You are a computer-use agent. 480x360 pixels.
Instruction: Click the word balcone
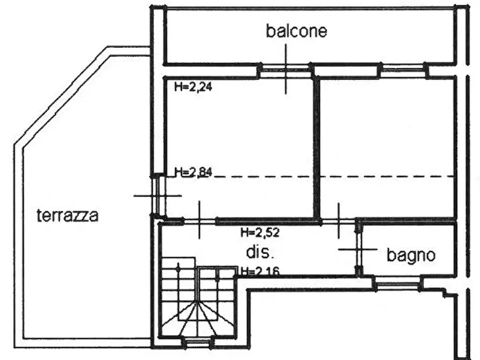coord(296,31)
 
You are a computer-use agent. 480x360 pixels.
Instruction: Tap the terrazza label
coord(68,215)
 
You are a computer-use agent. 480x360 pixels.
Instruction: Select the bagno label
coord(411,255)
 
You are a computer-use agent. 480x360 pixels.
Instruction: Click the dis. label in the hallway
coord(259,252)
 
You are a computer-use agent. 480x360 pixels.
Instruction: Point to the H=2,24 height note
coord(193,87)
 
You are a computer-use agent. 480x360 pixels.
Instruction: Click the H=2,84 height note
coord(193,172)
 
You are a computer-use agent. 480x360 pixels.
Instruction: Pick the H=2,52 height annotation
coord(260,233)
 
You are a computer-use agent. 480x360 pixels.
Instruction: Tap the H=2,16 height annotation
coord(260,271)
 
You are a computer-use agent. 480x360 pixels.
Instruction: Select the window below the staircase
coord(196,342)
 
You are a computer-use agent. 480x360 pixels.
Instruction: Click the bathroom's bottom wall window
coord(397,283)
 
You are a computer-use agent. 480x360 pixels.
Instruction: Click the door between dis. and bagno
coord(359,249)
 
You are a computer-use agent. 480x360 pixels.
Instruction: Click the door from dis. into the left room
coord(199,221)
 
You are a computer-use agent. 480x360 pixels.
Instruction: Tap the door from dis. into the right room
coord(338,221)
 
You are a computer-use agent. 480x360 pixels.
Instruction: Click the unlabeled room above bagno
coord(386,148)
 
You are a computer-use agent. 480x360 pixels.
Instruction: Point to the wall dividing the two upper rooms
coord(317,148)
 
